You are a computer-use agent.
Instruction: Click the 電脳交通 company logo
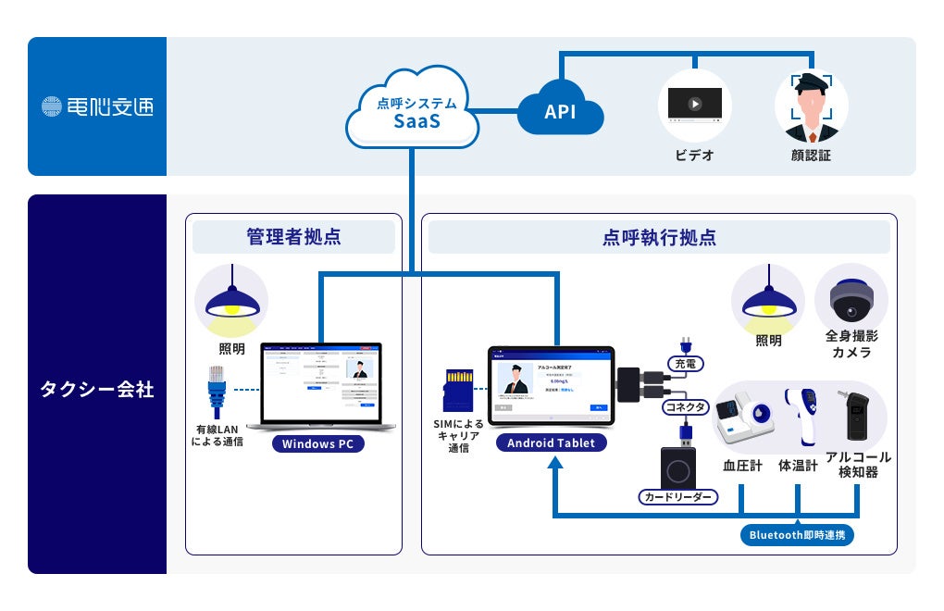pos(97,106)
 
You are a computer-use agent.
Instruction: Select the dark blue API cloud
pos(561,112)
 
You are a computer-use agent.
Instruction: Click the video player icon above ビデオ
pos(694,105)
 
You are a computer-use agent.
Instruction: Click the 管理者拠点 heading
pos(293,237)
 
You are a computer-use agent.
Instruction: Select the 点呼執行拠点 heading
pos(658,237)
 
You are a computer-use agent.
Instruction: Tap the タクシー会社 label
pos(97,389)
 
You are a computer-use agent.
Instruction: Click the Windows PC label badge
pos(319,443)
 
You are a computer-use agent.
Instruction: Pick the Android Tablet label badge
pos(551,443)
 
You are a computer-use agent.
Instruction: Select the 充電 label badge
pos(685,365)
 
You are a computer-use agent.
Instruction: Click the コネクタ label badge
pos(685,407)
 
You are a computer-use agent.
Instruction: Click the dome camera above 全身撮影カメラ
pos(851,299)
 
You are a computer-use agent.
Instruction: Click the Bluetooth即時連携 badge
pos(797,535)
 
